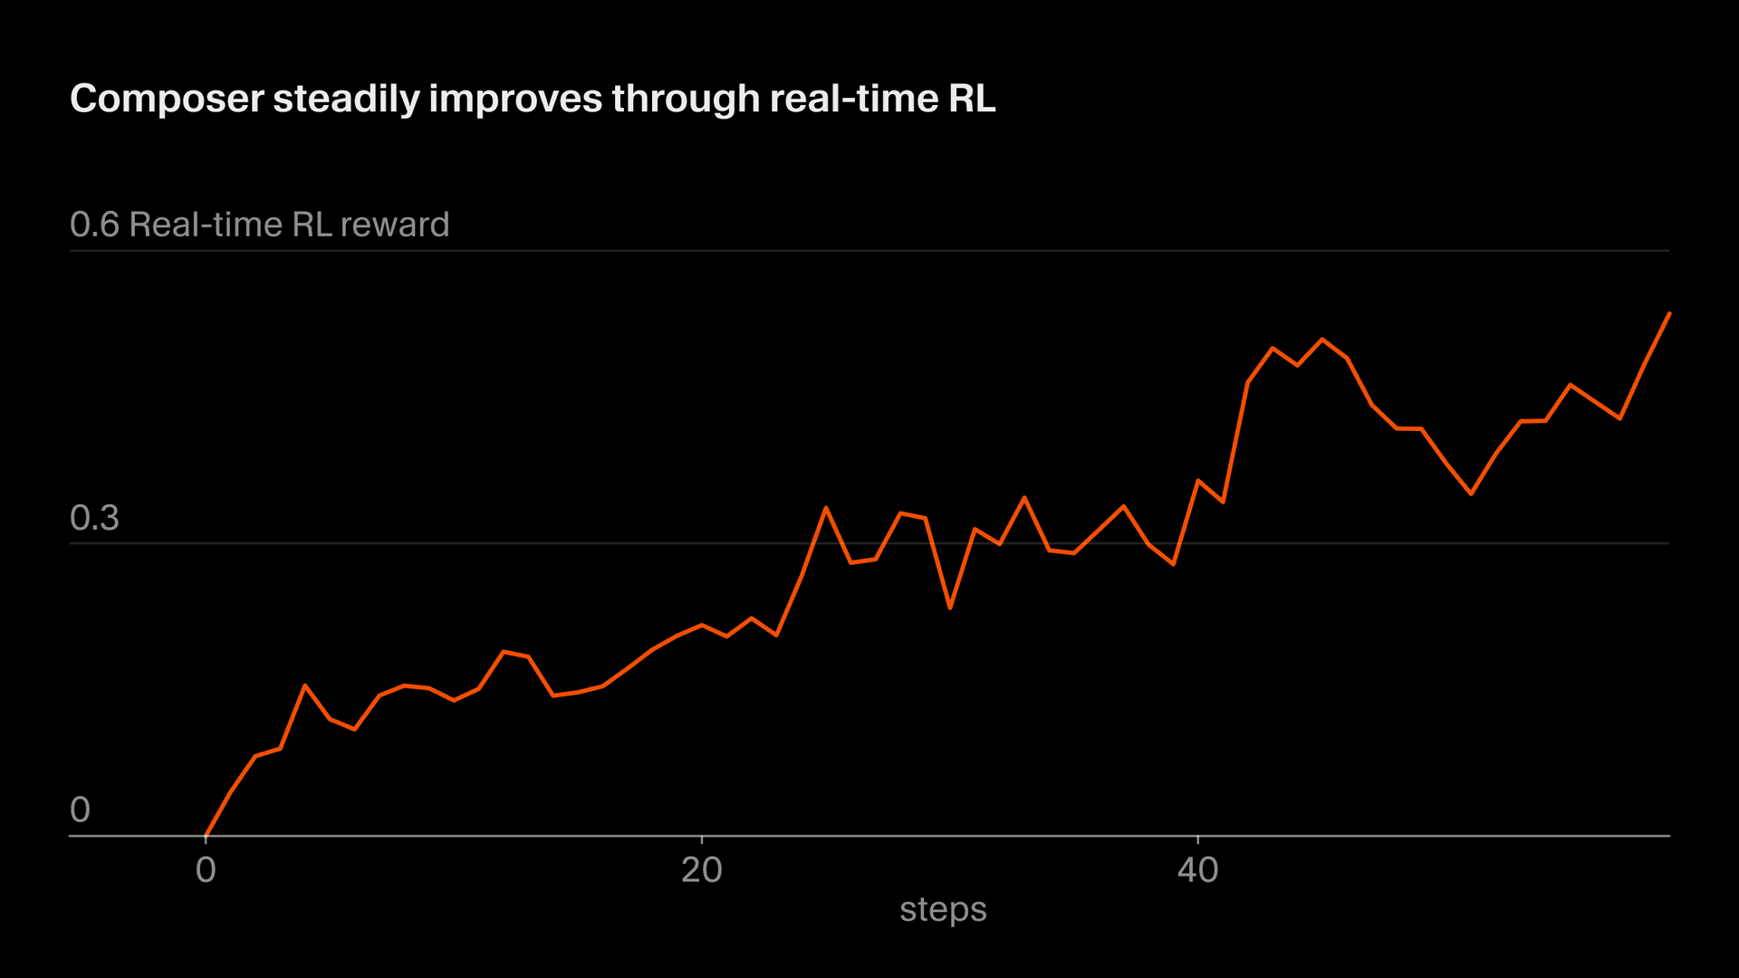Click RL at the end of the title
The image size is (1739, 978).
972,99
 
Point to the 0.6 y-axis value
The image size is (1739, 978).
94,225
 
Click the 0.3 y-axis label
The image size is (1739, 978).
94,518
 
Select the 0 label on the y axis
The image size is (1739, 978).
80,810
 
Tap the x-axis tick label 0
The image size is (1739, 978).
206,870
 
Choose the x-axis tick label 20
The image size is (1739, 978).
702,870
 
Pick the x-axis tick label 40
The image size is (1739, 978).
1197,870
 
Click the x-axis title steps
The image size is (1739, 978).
943,909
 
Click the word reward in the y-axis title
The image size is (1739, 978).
395,225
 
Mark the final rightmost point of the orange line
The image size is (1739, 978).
1669,313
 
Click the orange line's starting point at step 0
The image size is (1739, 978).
207,835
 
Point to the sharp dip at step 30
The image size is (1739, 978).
950,608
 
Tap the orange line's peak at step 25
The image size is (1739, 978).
826,508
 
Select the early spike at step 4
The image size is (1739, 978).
305,686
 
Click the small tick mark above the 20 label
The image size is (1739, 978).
702,839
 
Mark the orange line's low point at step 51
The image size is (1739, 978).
1471,494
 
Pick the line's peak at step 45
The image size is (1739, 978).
1322,340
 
